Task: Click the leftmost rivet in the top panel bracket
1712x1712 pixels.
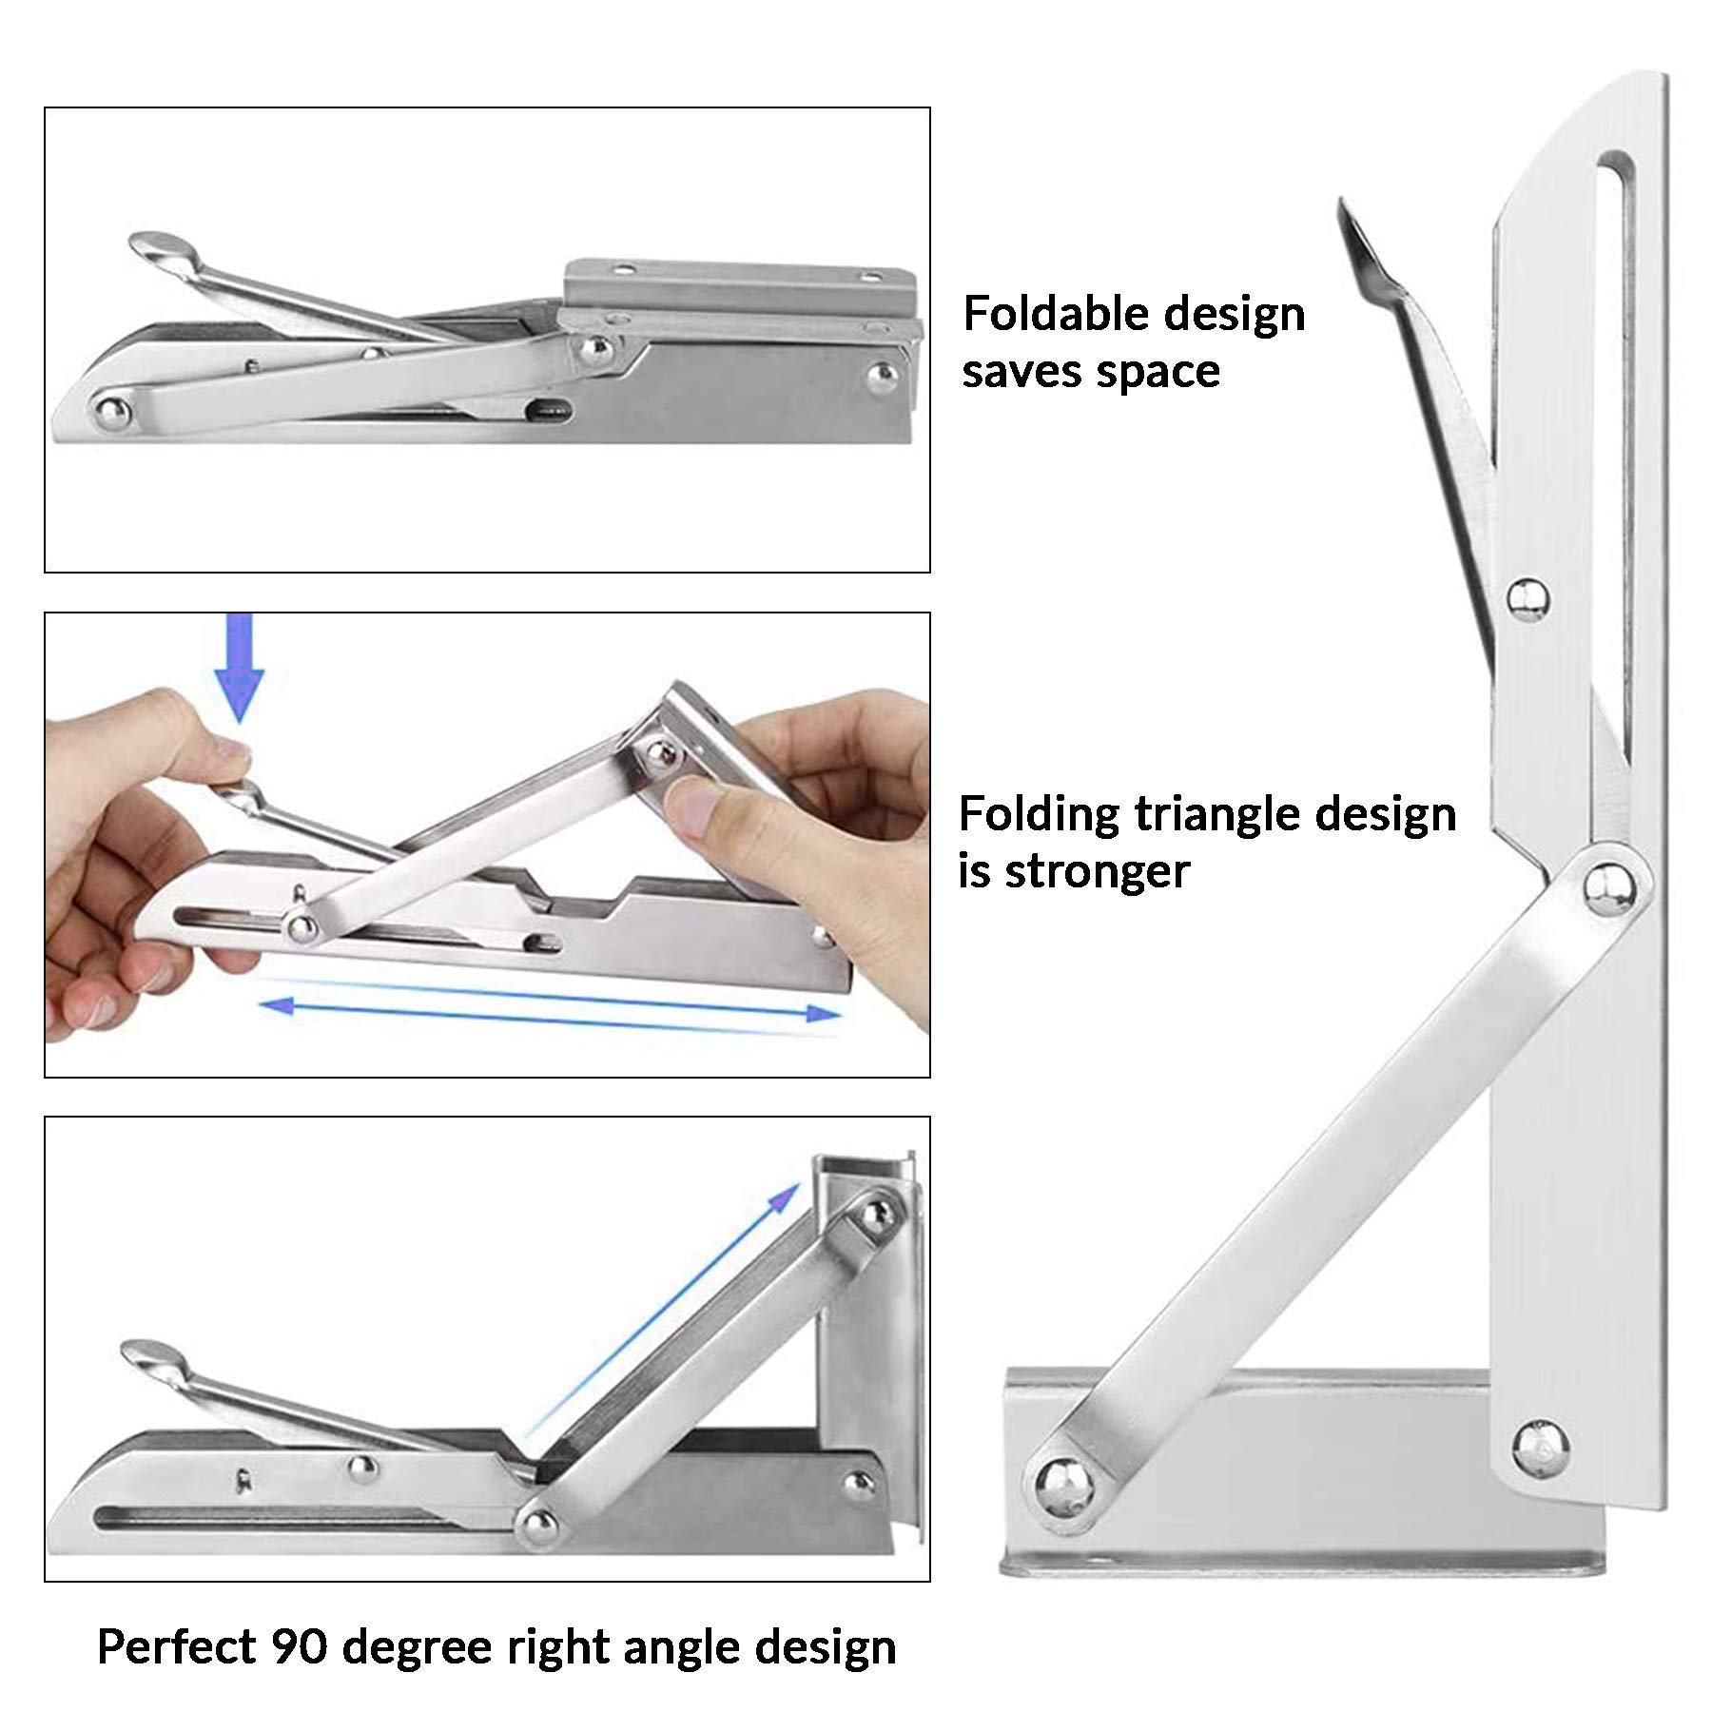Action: (111, 412)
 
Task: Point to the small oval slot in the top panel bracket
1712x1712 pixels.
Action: (549, 412)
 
